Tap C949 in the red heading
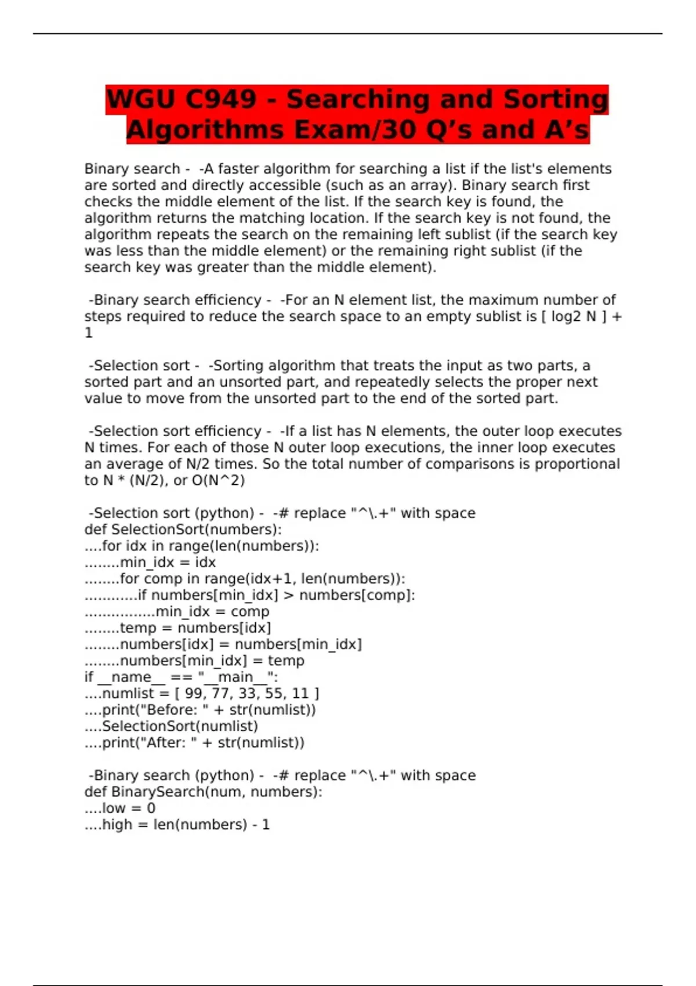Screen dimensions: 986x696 click(220, 99)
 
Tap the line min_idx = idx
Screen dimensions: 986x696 click(167, 562)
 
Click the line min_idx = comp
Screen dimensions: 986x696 click(212, 611)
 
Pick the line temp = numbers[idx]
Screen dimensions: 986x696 click(195, 628)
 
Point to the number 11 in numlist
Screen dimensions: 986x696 click(300, 693)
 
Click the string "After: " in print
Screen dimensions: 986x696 click(168, 742)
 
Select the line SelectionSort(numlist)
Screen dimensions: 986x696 click(180, 726)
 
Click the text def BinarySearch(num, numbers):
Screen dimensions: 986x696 click(203, 792)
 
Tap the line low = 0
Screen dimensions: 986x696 click(128, 808)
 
